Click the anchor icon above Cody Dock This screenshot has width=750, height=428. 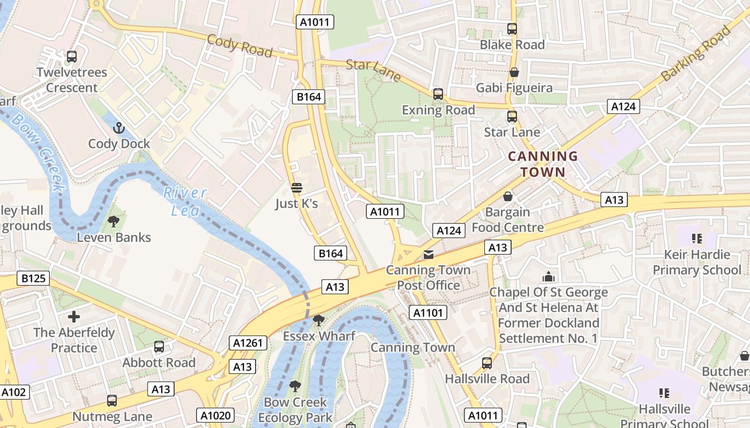(119, 128)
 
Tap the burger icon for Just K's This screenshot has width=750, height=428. (297, 188)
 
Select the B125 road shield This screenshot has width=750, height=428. (33, 278)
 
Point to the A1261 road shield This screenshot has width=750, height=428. (248, 343)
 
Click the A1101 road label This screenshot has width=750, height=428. (427, 312)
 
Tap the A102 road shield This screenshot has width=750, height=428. (13, 392)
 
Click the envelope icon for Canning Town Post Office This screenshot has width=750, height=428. (429, 254)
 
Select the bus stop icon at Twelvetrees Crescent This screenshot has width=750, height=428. (72, 56)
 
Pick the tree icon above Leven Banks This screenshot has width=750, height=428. (114, 221)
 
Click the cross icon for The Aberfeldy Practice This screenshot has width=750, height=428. (74, 316)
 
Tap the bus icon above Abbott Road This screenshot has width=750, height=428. (159, 347)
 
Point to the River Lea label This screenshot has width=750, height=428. (185, 201)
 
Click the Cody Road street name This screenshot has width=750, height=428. (239, 45)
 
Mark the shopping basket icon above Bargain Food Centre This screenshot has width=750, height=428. (508, 196)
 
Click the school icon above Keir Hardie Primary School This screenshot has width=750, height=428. (696, 238)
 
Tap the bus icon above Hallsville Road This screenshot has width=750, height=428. (487, 363)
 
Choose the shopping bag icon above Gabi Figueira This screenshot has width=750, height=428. (514, 72)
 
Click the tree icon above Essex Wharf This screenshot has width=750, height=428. (319, 320)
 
